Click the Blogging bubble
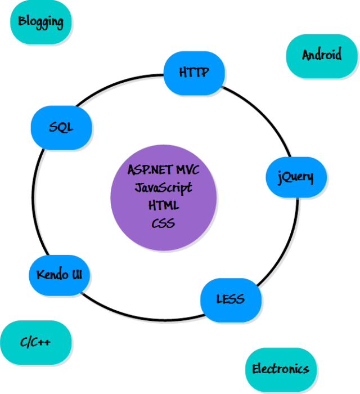pyautogui.click(x=40, y=22)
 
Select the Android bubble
pyautogui.click(x=322, y=55)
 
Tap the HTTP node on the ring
pyautogui.click(x=194, y=73)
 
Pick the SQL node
pyautogui.click(x=61, y=127)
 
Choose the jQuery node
pyautogui.click(x=295, y=177)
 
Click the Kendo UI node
pyautogui.click(x=59, y=275)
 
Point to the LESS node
pyautogui.click(x=231, y=298)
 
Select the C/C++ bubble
pyautogui.click(x=35, y=342)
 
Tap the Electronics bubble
pyautogui.click(x=281, y=369)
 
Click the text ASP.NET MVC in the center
pyautogui.click(x=164, y=170)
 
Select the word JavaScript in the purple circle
pyautogui.click(x=164, y=187)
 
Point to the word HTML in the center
pyautogui.click(x=164, y=205)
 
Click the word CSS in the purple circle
pyautogui.click(x=164, y=223)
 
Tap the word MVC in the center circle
pyautogui.click(x=187, y=170)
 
